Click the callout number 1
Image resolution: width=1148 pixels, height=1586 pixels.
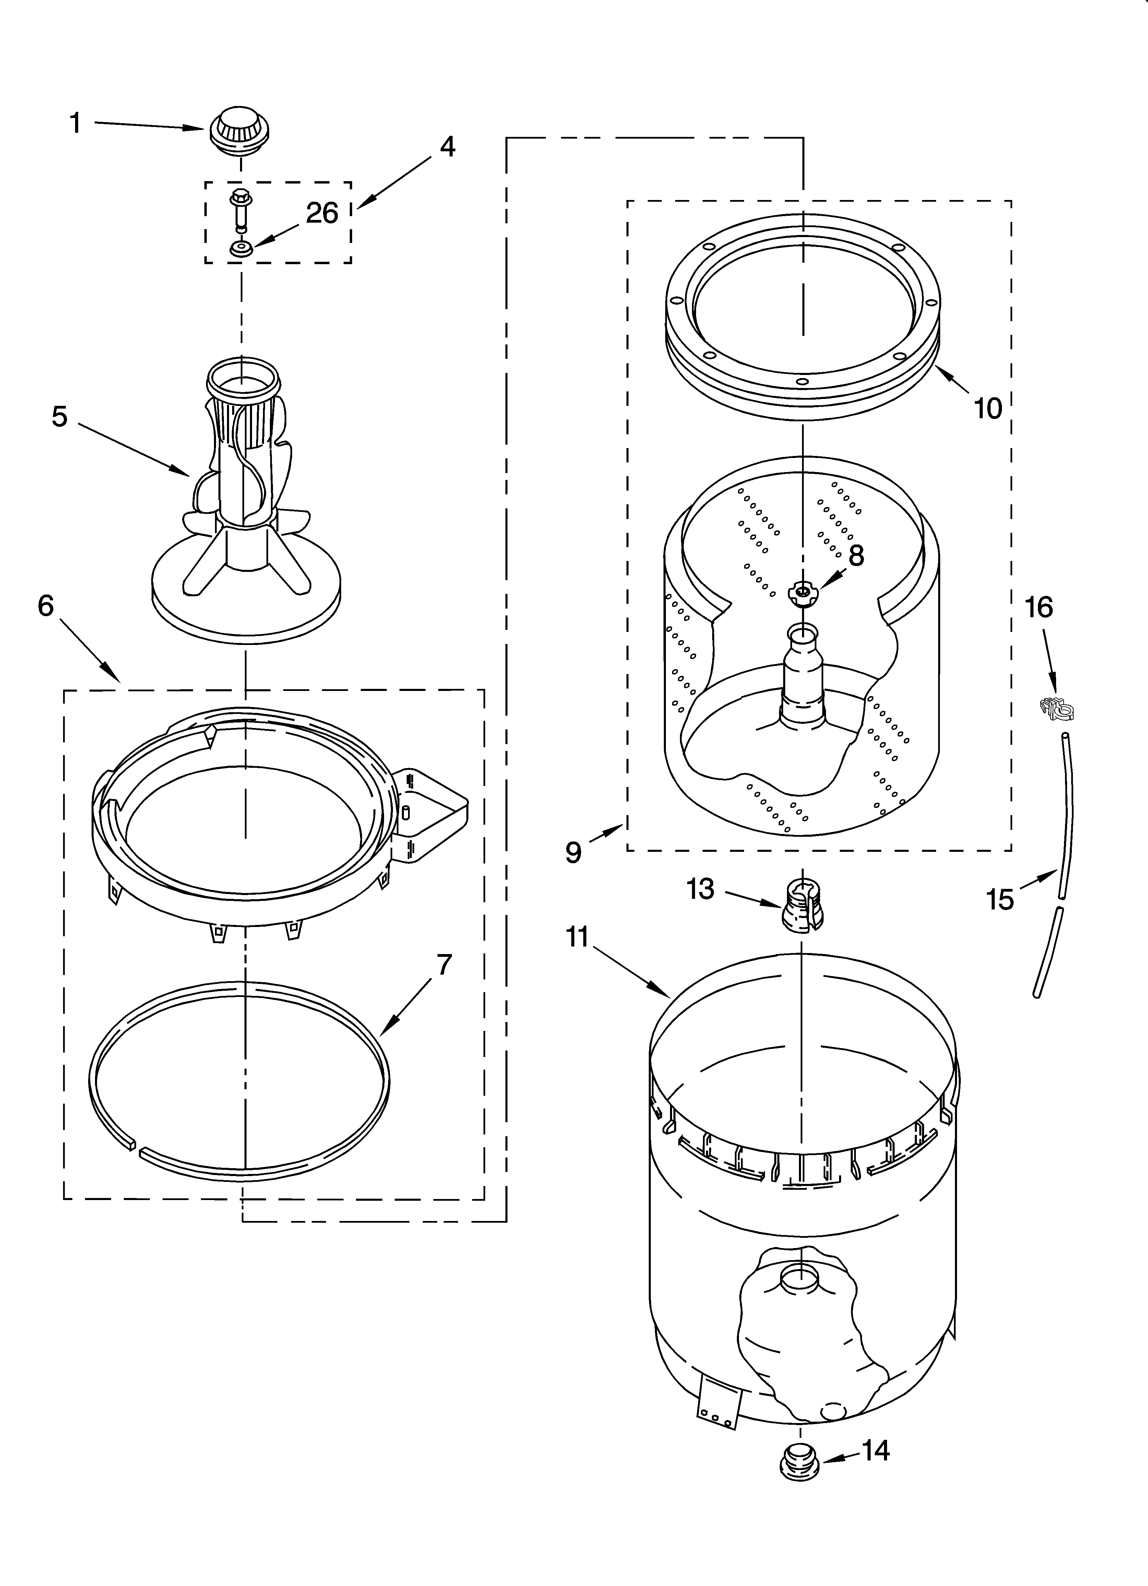[75, 124]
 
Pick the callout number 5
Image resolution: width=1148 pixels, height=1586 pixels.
[60, 417]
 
